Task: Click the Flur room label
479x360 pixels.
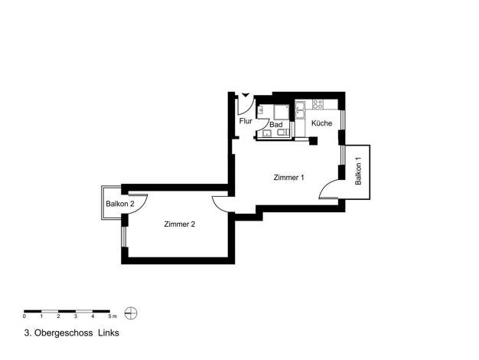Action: point(246,121)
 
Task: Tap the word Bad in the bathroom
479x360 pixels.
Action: point(276,125)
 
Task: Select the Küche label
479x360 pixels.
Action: point(321,123)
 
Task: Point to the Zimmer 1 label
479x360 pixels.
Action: point(288,178)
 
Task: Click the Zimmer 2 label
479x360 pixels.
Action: point(180,224)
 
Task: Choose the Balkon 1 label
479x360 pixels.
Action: point(358,171)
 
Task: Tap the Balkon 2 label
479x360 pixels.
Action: point(120,204)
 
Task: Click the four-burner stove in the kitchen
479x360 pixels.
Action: point(318,104)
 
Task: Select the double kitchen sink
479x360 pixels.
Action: point(300,110)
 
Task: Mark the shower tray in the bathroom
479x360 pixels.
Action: point(281,113)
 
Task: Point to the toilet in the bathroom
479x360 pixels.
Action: point(283,133)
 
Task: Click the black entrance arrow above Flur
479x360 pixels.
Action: point(246,95)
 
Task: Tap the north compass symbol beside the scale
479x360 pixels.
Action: point(131,313)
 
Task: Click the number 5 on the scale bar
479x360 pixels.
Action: point(109,316)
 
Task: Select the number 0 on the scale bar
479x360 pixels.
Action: point(24,316)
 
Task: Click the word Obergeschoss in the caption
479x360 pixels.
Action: point(64,332)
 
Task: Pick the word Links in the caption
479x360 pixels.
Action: point(109,332)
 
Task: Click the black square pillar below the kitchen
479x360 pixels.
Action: point(314,141)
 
